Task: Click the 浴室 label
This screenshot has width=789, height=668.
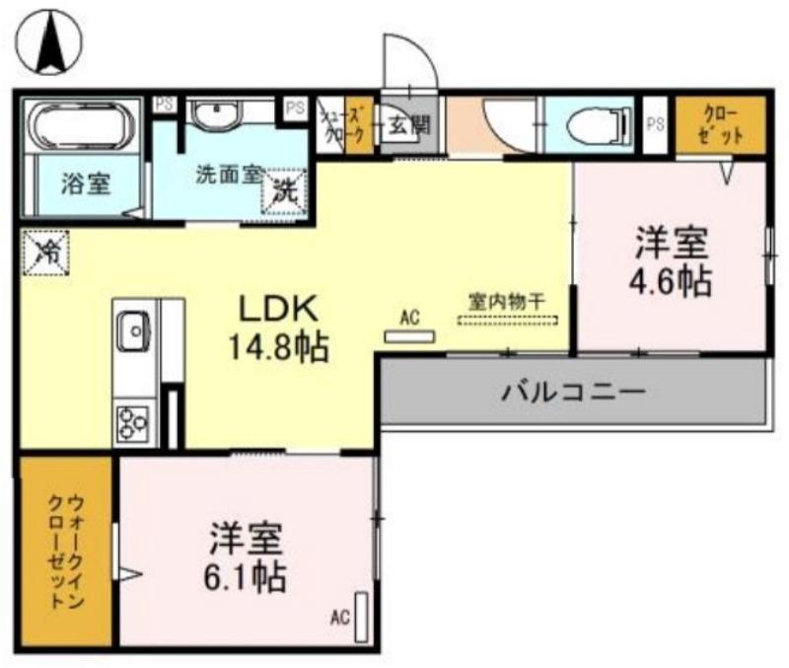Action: point(86,183)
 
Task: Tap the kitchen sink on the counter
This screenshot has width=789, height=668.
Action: point(132,331)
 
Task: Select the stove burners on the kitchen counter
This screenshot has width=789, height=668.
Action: point(133,423)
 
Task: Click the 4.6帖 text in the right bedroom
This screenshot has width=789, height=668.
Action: point(671,281)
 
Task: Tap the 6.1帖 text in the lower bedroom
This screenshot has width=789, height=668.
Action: point(247,574)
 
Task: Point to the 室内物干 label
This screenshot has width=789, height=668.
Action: point(505,302)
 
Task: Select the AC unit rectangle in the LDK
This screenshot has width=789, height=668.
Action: point(408,336)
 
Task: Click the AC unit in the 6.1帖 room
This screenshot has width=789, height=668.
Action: point(362,617)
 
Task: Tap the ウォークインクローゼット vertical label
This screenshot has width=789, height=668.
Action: point(66,550)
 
